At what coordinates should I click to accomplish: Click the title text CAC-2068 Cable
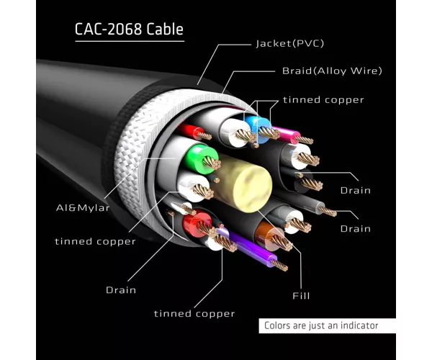click(129, 29)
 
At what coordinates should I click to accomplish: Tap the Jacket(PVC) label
click(290, 43)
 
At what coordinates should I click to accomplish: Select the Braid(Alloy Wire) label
click(332, 71)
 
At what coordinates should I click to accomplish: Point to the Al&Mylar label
click(83, 207)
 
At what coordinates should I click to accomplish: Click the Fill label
click(301, 296)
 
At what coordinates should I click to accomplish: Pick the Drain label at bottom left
click(121, 290)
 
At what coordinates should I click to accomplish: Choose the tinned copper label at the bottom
click(194, 313)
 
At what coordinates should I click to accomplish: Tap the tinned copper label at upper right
click(323, 99)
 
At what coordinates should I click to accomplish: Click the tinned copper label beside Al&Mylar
click(95, 241)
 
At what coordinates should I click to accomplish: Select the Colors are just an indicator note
click(321, 325)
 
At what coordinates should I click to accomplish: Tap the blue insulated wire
click(258, 128)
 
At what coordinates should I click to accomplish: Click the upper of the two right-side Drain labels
click(356, 190)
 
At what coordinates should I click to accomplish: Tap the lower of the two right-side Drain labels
click(356, 229)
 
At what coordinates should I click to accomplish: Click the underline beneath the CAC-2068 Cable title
click(130, 41)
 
